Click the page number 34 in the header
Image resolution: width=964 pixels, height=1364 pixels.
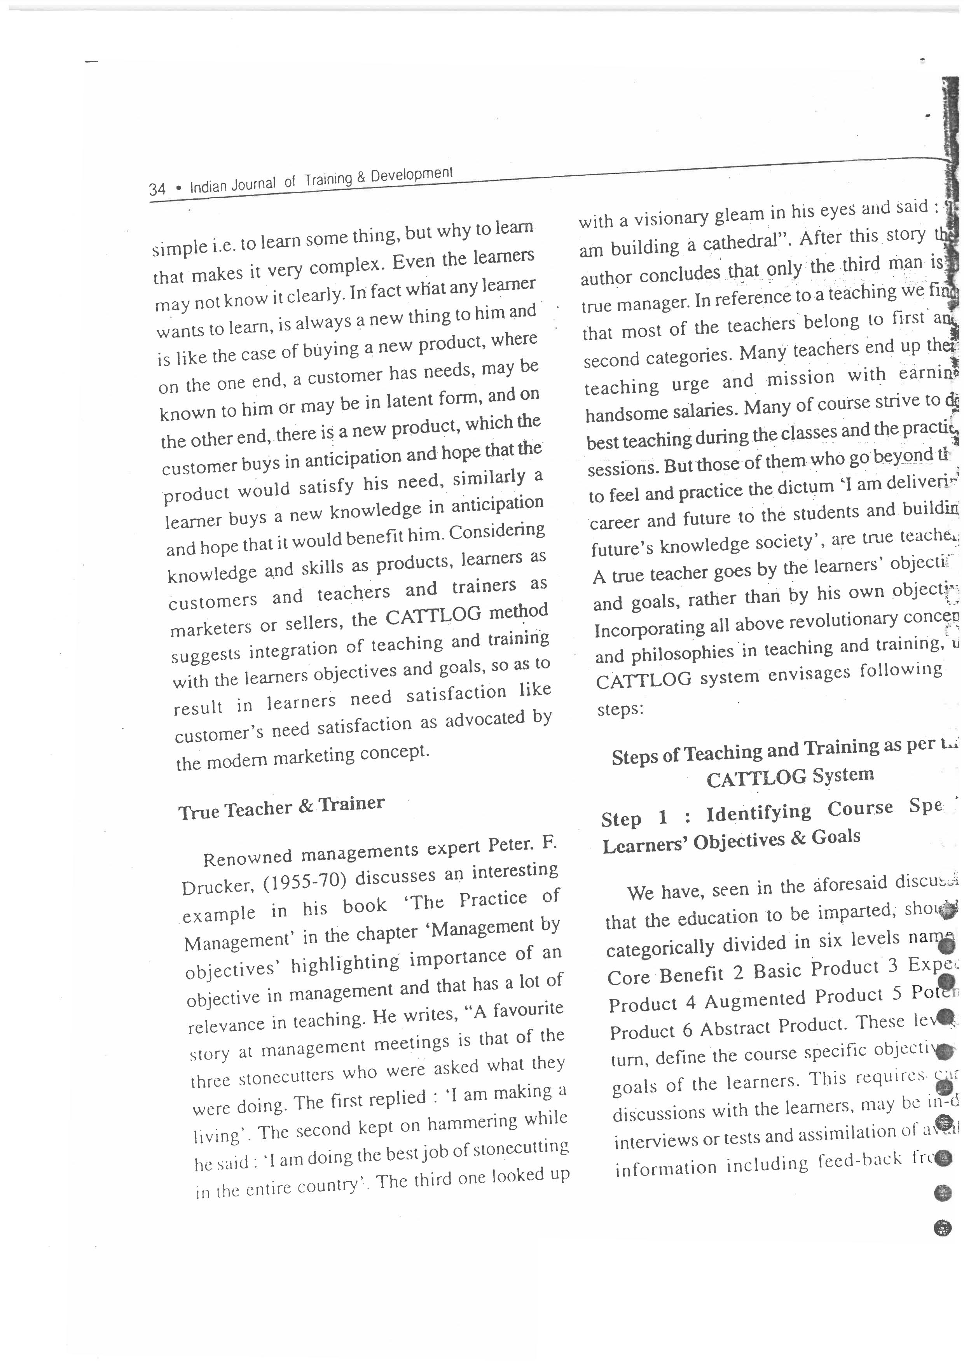coord(157,189)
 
